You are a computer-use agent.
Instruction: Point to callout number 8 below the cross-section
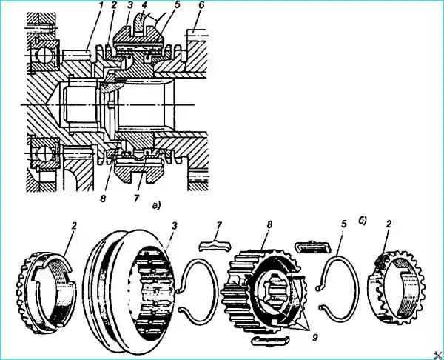click(x=103, y=199)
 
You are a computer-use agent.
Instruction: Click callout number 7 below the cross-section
click(x=136, y=198)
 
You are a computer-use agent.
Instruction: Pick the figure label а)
click(x=156, y=205)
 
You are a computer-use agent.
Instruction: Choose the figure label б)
click(x=363, y=221)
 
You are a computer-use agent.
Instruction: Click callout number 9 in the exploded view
click(x=314, y=337)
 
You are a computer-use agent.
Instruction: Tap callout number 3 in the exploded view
click(x=175, y=226)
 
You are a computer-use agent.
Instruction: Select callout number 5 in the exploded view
click(x=343, y=224)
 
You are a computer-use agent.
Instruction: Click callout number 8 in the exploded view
click(x=269, y=224)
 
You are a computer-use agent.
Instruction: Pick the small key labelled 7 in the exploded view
click(x=215, y=245)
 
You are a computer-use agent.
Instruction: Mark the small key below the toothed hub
click(x=270, y=341)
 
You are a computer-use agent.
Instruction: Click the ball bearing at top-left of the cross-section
click(x=43, y=54)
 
